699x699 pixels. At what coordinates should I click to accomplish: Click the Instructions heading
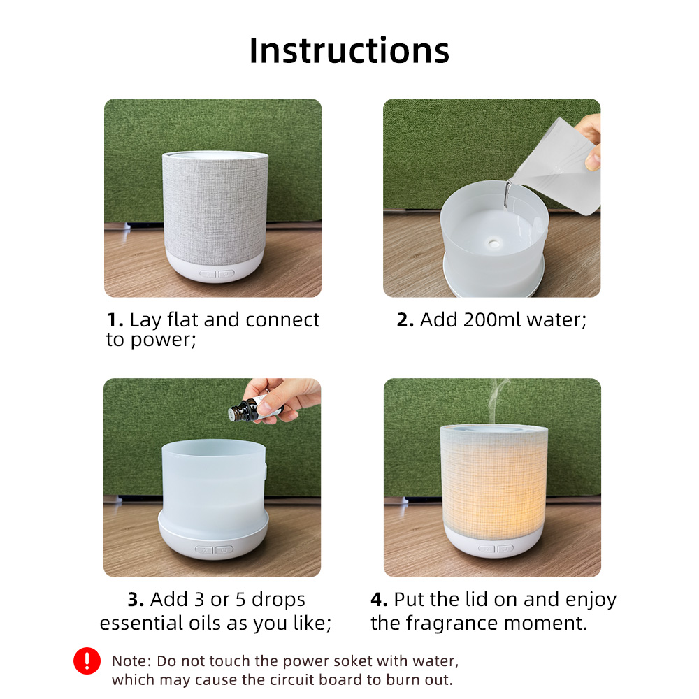point(349,50)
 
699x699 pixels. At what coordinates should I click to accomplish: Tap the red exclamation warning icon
point(87,661)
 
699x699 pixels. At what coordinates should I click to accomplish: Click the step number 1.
point(115,320)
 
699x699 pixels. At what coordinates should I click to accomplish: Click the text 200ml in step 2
point(493,319)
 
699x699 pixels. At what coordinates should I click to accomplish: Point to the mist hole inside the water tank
point(493,243)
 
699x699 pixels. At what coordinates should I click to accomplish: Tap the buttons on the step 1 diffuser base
point(217,274)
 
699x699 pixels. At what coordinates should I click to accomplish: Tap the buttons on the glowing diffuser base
point(496,548)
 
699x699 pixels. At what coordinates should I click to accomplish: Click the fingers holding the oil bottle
point(282,399)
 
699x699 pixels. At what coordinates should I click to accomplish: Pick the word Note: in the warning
point(131,661)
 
